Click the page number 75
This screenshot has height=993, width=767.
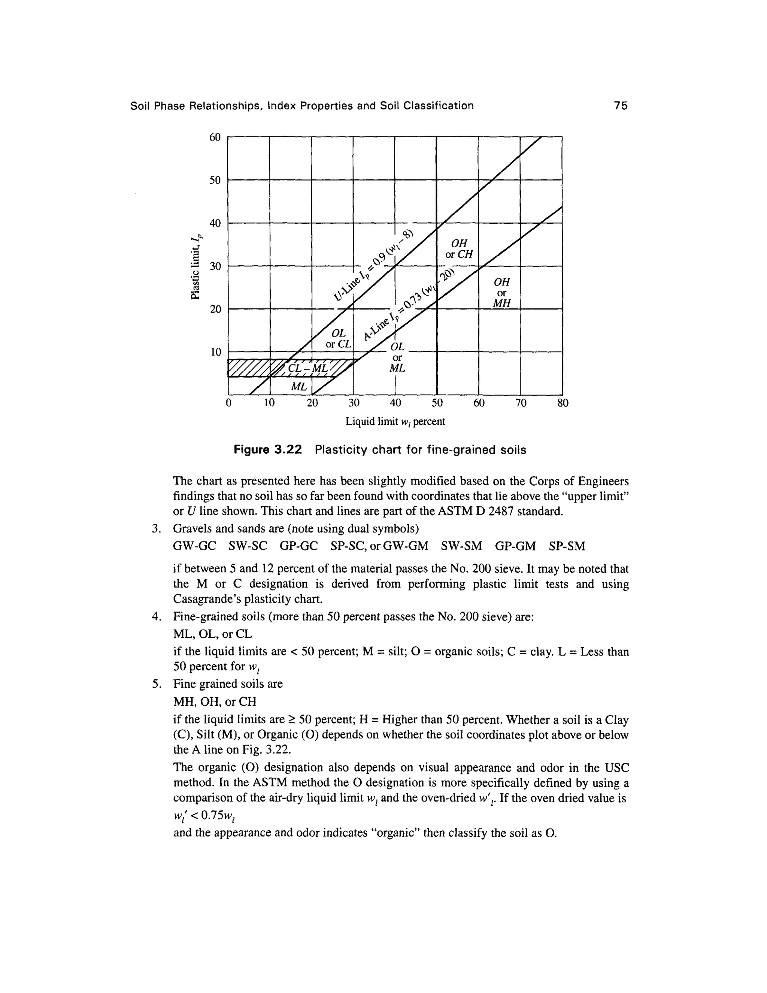(x=620, y=106)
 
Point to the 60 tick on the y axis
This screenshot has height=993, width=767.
(x=215, y=137)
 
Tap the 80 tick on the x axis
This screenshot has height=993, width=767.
(x=563, y=403)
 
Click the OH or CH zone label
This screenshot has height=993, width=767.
(x=459, y=248)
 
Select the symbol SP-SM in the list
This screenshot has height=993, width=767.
(x=567, y=546)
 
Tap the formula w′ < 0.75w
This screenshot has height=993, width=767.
(x=203, y=816)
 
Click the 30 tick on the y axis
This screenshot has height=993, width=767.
(x=215, y=266)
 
